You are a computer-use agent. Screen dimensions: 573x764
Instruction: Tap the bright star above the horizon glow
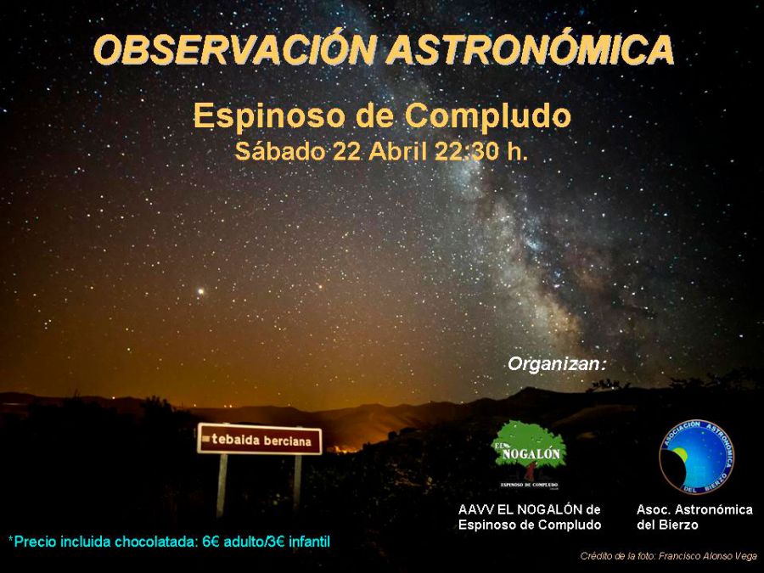coord(201,291)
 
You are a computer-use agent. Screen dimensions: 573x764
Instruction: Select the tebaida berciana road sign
coord(260,440)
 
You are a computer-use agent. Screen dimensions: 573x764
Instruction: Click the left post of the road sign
coord(222,484)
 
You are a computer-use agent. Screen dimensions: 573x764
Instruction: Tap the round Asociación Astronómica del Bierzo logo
coord(696,457)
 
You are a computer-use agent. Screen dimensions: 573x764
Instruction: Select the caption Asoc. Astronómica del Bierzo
coord(694,517)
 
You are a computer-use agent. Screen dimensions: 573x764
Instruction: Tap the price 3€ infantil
coord(302,541)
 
